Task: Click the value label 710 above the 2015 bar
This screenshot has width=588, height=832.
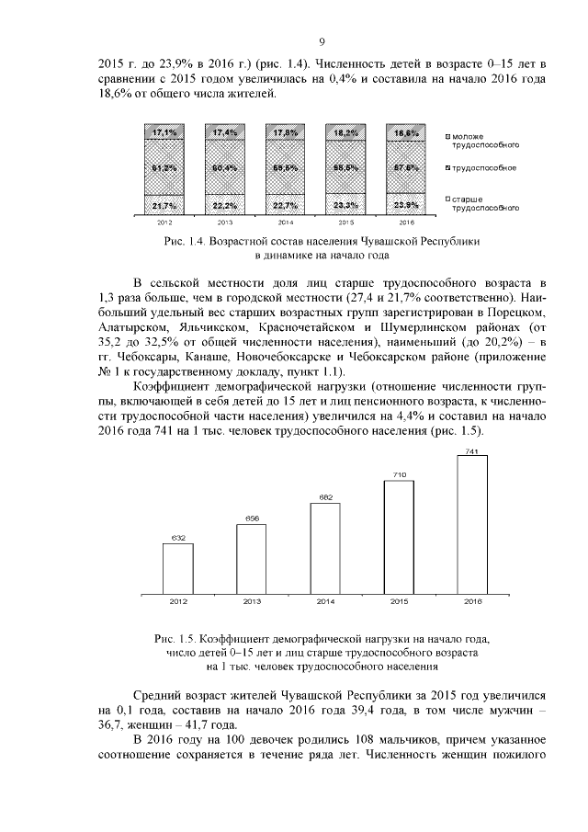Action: (399, 474)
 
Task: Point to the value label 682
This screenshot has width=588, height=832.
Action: (325, 497)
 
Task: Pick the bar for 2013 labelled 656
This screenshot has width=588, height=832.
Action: (251, 558)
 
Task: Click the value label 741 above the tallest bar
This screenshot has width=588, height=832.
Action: (472, 451)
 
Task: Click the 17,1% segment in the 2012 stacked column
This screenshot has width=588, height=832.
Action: (164, 133)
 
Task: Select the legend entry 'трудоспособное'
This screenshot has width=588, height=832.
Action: (481, 168)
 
